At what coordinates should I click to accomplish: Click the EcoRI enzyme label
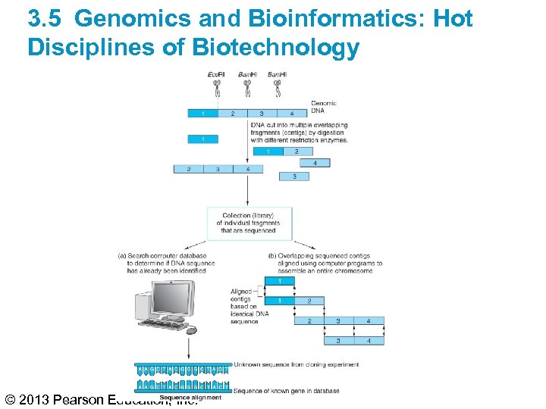[x=216, y=73]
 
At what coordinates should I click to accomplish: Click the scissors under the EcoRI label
[x=217, y=89]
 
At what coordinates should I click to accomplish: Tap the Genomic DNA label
[x=324, y=107]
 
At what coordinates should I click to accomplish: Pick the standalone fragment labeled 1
[x=202, y=139]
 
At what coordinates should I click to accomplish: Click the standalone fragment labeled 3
[x=294, y=176]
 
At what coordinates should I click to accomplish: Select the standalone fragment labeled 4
[x=315, y=163]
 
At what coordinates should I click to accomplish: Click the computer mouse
[x=191, y=330]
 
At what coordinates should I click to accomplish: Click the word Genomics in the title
[x=133, y=18]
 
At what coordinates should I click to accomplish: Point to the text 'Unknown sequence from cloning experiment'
[x=297, y=364]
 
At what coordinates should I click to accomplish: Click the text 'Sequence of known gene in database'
[x=287, y=391]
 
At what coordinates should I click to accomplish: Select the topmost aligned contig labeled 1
[x=281, y=281]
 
